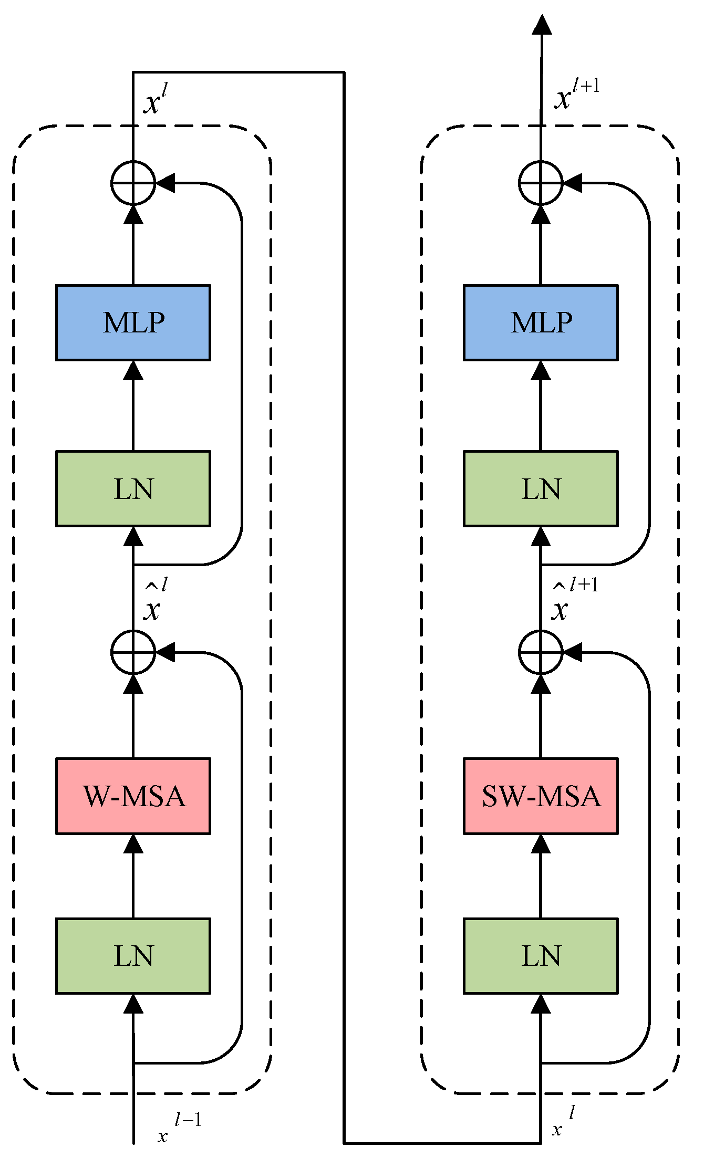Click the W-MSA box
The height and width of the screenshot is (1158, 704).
[133, 796]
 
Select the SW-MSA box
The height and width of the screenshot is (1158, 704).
[541, 796]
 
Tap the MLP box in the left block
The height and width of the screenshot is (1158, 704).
[133, 322]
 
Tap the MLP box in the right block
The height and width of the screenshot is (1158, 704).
[541, 322]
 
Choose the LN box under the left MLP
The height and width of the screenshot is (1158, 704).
[133, 488]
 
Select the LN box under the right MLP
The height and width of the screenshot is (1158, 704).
[541, 488]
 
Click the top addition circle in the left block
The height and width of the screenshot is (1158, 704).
[133, 183]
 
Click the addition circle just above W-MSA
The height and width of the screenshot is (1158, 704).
[133, 652]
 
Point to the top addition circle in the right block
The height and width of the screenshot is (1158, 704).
[541, 183]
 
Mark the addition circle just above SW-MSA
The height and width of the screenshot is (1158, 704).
[541, 652]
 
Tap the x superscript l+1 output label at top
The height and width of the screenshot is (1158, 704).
[575, 95]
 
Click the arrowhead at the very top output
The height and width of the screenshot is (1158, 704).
[542, 25]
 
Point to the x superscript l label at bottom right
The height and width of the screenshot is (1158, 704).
[563, 1123]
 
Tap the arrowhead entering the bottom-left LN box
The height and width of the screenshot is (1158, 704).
[133, 1004]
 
